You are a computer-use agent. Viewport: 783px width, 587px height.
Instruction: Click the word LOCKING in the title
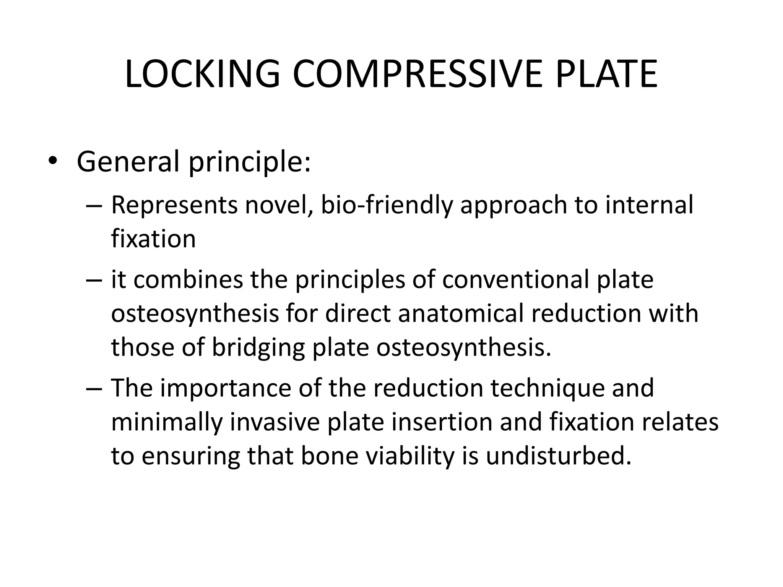coord(202,74)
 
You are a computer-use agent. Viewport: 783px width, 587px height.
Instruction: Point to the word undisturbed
coord(558,456)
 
